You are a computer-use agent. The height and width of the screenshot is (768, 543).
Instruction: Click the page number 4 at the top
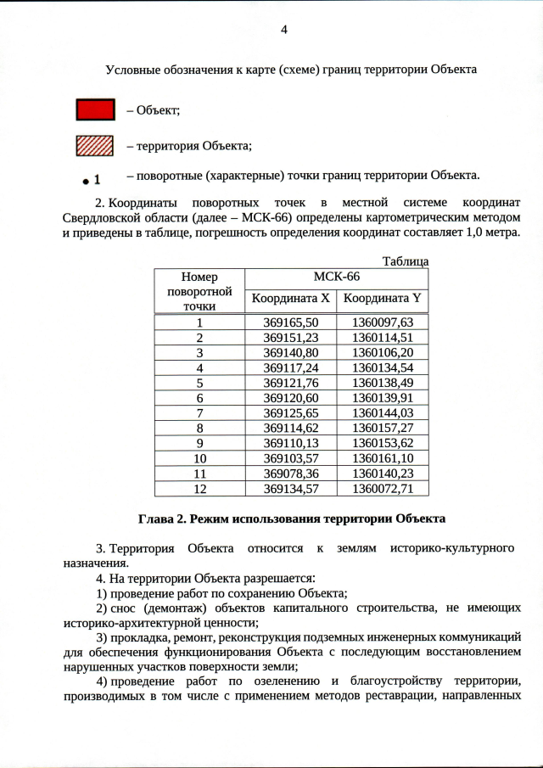click(284, 31)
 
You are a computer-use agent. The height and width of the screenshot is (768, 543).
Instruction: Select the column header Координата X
click(290, 299)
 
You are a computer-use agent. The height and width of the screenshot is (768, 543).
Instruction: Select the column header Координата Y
click(382, 299)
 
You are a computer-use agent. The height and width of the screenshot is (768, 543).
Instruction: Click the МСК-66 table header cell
click(336, 277)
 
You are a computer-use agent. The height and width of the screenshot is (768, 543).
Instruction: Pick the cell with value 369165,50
click(290, 322)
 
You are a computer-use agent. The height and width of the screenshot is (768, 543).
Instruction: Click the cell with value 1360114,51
click(382, 337)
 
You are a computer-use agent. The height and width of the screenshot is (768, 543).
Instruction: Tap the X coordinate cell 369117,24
click(290, 367)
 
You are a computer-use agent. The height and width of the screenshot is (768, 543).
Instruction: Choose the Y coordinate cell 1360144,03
click(382, 412)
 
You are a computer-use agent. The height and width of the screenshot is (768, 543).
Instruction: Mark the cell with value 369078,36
click(290, 474)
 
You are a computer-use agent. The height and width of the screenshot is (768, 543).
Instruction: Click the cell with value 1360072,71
click(382, 489)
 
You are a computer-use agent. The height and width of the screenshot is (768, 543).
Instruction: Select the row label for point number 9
click(199, 443)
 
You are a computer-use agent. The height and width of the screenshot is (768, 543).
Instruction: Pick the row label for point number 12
click(199, 489)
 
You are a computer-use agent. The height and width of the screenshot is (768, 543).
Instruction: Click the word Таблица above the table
click(406, 261)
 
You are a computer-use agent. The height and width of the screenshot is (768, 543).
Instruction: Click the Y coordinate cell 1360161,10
click(382, 458)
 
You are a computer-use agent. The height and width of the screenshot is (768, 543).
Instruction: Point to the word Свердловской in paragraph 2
click(99, 218)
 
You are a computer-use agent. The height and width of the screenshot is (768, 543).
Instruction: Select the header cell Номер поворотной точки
click(199, 291)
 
